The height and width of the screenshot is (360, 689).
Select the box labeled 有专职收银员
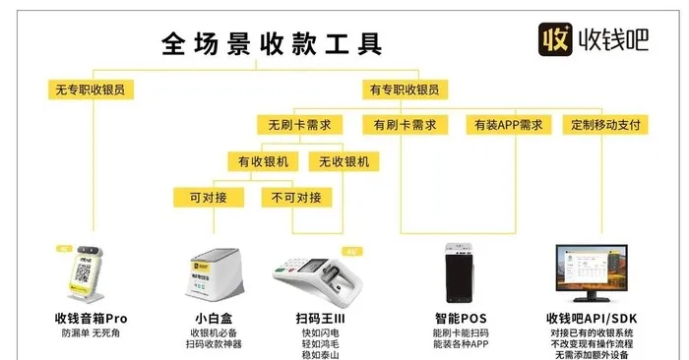click(x=404, y=90)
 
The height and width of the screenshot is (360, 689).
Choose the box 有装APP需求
click(x=508, y=125)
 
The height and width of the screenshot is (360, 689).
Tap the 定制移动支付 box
click(x=606, y=125)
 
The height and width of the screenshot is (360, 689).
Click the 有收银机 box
click(x=264, y=160)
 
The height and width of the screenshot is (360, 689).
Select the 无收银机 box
click(x=343, y=160)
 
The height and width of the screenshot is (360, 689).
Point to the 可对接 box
click(x=209, y=197)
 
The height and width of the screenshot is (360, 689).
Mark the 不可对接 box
click(x=296, y=197)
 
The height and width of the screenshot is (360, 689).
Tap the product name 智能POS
click(x=460, y=319)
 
